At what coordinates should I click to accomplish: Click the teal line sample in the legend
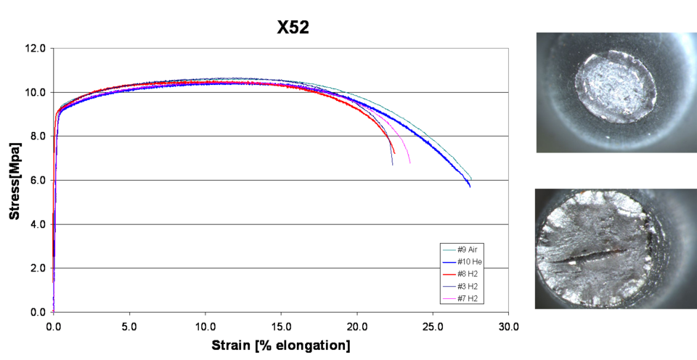point(448,250)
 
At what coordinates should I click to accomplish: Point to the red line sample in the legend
point(448,274)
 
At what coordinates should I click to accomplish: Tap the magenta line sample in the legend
point(448,298)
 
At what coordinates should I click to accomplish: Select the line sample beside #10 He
point(448,261)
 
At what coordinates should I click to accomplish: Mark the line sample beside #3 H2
point(448,286)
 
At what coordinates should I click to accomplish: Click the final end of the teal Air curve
point(472,178)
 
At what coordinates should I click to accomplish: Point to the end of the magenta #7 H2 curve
point(410,163)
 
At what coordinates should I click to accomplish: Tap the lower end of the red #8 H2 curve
point(394,153)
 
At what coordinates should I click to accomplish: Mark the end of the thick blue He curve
point(470,187)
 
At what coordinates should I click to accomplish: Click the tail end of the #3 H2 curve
point(393,165)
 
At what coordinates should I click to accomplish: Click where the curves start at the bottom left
point(52,311)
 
